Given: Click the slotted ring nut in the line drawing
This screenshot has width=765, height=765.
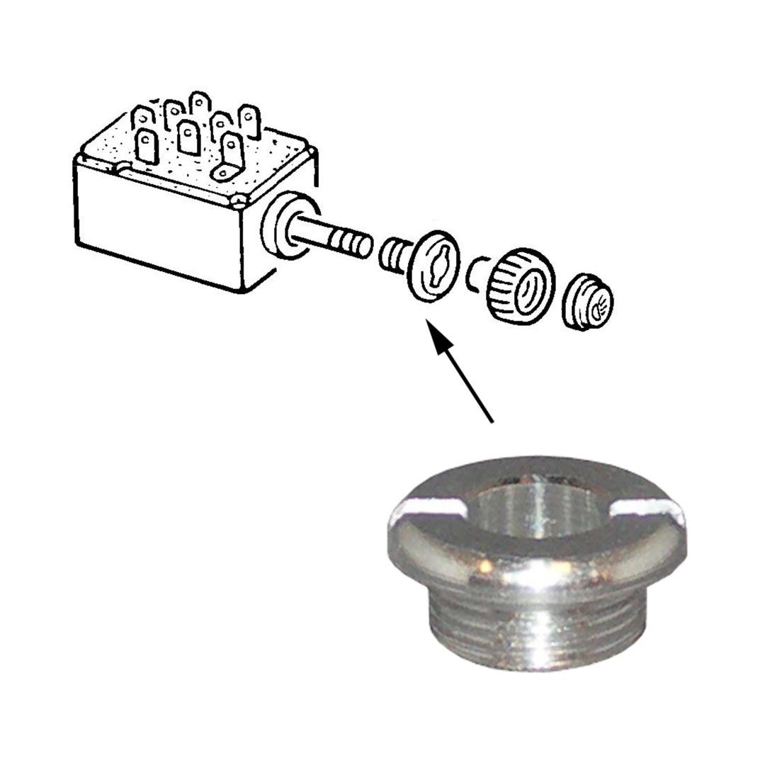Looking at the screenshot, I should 434,266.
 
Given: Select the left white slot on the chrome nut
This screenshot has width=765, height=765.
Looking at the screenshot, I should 427,506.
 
